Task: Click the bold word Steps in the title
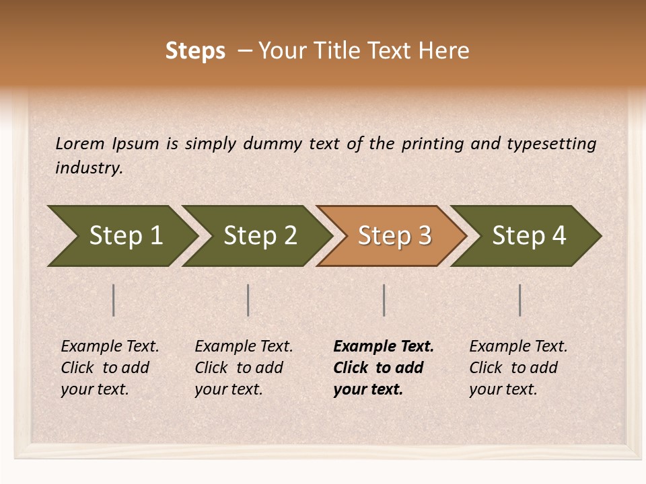coord(195,51)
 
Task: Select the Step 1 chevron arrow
coord(121,236)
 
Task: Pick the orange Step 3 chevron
coord(394,236)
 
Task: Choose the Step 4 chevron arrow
coord(528,236)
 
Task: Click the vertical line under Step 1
coord(114,300)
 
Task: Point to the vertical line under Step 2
coord(248,300)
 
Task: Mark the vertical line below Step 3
coord(384,300)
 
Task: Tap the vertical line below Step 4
coord(520,300)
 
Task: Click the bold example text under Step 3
coord(382,368)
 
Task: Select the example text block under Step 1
coord(109,368)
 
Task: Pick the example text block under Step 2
coord(243,368)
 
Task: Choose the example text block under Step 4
coord(517,368)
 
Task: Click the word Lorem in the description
coord(79,144)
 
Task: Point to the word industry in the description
coord(89,168)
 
